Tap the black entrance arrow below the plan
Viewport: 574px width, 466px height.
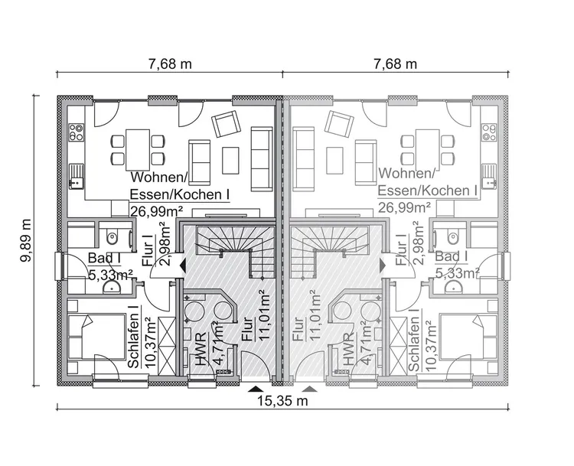254,389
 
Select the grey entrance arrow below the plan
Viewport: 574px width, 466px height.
309,389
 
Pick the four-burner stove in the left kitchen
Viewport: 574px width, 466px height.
76,132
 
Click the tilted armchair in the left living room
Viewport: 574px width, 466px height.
227,123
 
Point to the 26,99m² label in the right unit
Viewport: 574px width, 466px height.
403,207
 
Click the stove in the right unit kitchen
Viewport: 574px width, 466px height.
488,132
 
